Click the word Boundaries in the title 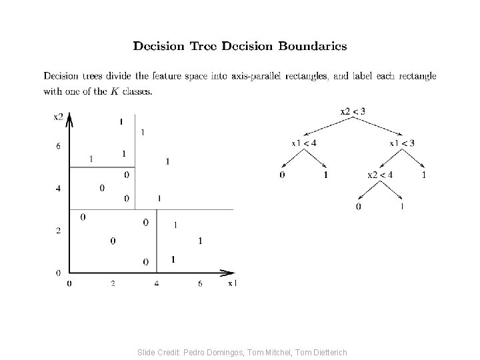[x=313, y=46]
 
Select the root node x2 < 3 [x=353, y=111]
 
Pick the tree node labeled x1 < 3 [x=402, y=143]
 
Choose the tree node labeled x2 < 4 [x=381, y=175]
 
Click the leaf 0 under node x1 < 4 [x=282, y=175]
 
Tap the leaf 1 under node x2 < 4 [x=402, y=207]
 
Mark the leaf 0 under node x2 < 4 [x=359, y=207]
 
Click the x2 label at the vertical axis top [x=59, y=117]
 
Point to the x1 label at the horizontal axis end [x=232, y=283]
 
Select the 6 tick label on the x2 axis [x=58, y=146]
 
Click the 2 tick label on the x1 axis [x=113, y=284]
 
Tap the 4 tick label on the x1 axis [x=156, y=284]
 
